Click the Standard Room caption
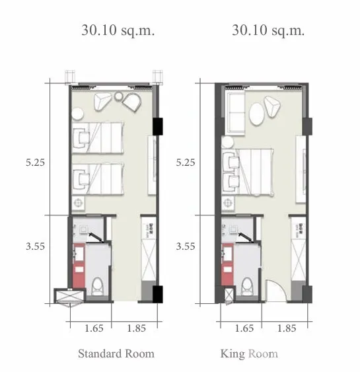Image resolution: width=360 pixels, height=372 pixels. click(x=116, y=353)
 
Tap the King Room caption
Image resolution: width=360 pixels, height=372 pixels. click(x=249, y=354)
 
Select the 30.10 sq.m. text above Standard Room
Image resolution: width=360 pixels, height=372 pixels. click(x=118, y=30)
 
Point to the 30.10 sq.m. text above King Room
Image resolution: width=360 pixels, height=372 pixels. click(x=268, y=30)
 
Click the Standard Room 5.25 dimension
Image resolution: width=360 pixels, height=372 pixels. click(x=35, y=163)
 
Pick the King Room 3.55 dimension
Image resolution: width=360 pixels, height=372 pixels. click(x=186, y=246)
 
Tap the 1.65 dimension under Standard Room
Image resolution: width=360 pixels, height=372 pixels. click(x=94, y=328)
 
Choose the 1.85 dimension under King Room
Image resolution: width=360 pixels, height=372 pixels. click(x=287, y=328)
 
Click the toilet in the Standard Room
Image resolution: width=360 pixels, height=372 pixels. click(x=97, y=287)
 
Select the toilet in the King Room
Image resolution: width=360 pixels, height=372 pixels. click(x=247, y=287)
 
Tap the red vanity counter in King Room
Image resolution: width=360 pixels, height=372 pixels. click(x=227, y=264)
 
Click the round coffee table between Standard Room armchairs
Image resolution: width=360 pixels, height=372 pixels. click(x=118, y=96)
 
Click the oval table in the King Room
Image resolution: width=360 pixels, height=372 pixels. click(x=256, y=114)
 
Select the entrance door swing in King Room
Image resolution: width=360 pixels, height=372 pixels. click(x=276, y=290)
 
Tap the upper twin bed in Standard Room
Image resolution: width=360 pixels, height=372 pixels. click(x=98, y=137)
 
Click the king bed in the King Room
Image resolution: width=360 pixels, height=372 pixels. click(x=248, y=172)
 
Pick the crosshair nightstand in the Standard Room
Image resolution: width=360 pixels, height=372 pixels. click(x=78, y=203)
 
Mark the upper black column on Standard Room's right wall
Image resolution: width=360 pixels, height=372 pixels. click(x=157, y=126)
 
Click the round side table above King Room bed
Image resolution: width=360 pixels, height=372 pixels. click(x=227, y=142)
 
